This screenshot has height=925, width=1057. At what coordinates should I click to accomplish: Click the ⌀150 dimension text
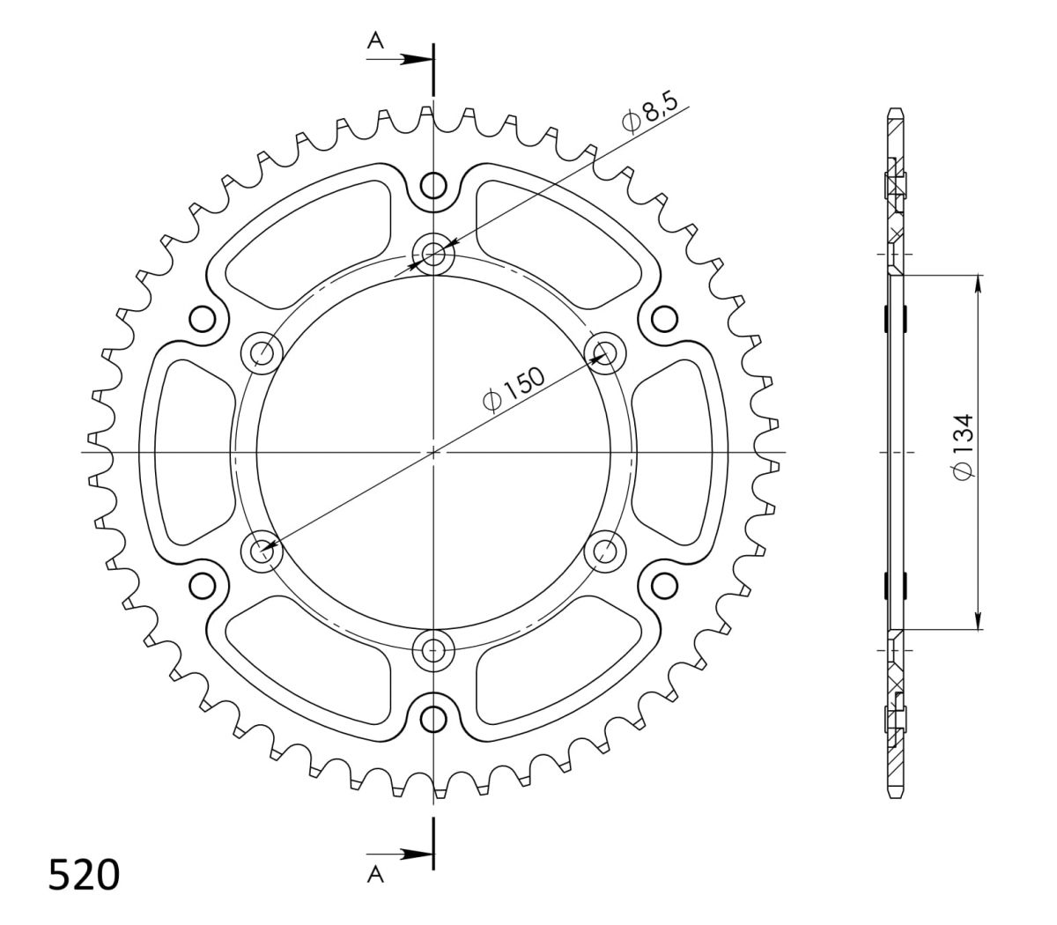point(514,390)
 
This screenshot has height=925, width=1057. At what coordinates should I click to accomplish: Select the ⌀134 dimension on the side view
point(963,447)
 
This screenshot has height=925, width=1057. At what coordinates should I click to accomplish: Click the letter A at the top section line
point(375,40)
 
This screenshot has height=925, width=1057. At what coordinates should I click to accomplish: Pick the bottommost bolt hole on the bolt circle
point(433,650)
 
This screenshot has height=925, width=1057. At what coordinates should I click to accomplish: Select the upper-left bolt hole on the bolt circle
point(262,353)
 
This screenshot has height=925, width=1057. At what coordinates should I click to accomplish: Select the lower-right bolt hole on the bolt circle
point(604,551)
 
